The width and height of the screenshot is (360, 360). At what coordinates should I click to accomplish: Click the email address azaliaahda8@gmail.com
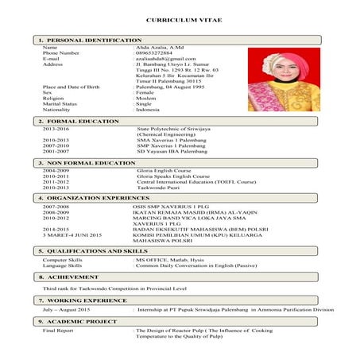[x=165, y=59]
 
